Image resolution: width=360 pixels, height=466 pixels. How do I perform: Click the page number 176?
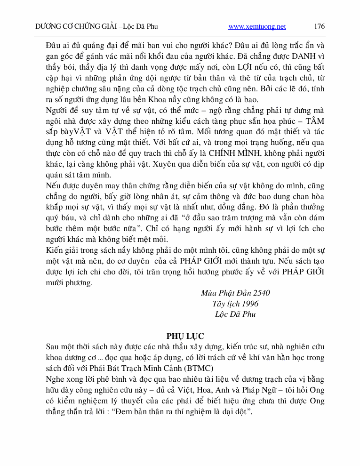pyautogui.click(x=319, y=26)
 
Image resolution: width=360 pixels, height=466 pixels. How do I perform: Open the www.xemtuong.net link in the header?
pyautogui.click(x=257, y=27)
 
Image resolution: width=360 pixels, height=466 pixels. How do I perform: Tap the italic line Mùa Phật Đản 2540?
pyautogui.click(x=235, y=293)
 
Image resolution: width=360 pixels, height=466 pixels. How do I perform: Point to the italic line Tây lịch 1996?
pyautogui.click(x=235, y=304)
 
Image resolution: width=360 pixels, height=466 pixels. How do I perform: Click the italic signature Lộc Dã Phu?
pyautogui.click(x=235, y=314)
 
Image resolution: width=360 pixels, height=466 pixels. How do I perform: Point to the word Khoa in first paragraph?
pyautogui.click(x=158, y=100)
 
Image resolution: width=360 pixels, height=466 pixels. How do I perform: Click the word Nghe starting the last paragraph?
pyautogui.click(x=55, y=379)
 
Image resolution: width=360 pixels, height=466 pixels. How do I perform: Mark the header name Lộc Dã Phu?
pyautogui.click(x=140, y=27)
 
